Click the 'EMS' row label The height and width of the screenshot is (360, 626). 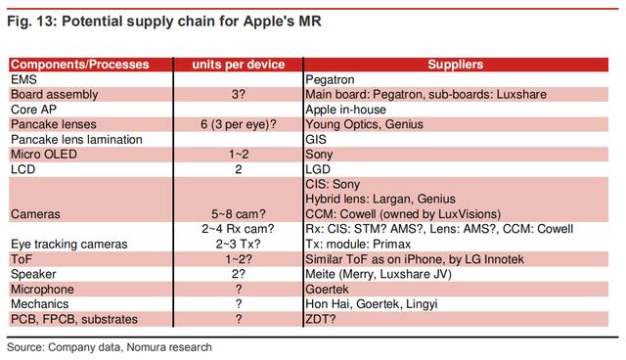point(23,79)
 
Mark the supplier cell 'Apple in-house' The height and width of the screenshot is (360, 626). point(348,110)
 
